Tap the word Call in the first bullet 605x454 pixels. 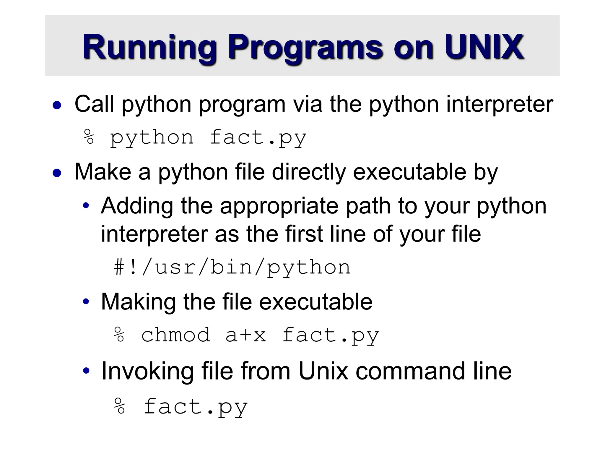pyautogui.click(x=94, y=104)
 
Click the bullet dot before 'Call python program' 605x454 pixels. pyautogui.click(x=57, y=105)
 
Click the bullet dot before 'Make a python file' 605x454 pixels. pyautogui.click(x=57, y=173)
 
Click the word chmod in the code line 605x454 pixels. pyautogui.click(x=176, y=335)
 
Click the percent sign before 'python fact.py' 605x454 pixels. pyautogui.click(x=89, y=137)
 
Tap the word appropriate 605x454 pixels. pyautogui.click(x=279, y=206)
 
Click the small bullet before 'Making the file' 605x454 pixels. pyautogui.click(x=86, y=302)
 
